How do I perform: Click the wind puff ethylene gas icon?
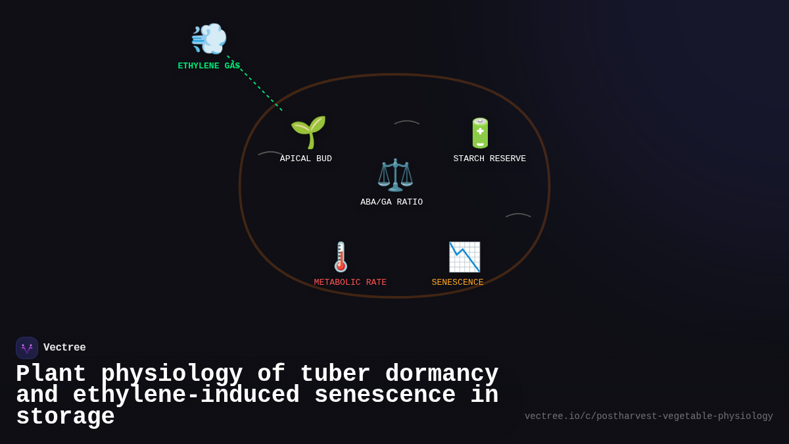[209, 38]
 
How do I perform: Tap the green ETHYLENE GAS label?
[208, 66]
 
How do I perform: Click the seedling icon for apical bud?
[308, 132]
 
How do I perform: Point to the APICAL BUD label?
[306, 159]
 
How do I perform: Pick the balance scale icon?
[394, 175]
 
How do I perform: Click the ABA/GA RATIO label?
[391, 203]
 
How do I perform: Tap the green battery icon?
[480, 133]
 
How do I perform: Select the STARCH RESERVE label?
[489, 159]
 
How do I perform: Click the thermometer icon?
[341, 257]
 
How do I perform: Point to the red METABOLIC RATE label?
[350, 283]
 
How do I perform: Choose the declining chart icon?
[464, 257]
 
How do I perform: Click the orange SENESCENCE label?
[458, 283]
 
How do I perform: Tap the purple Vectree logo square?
[27, 348]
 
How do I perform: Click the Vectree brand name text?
[64, 348]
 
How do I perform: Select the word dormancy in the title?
[442, 374]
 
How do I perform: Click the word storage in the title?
[65, 417]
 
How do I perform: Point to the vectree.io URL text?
[648, 416]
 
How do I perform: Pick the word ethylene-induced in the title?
[186, 395]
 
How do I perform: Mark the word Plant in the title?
[51, 374]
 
